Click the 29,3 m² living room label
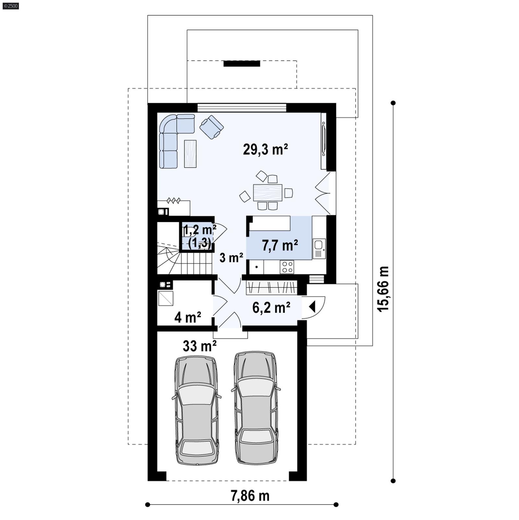[x=265, y=150]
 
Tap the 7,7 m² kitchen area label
[x=280, y=246]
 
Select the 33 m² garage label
[x=199, y=346]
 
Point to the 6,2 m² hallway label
[x=271, y=307]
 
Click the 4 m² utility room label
[x=187, y=317]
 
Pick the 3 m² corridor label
[x=231, y=258]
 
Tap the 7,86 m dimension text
[x=250, y=496]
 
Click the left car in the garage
[x=197, y=410]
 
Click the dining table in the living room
[x=268, y=193]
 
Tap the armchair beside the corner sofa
[x=211, y=127]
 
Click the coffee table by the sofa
[x=190, y=154]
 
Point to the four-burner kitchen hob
[x=287, y=267]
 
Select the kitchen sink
[x=319, y=248]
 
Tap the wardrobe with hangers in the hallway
[x=271, y=287]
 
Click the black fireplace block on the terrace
[x=242, y=64]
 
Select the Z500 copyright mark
[x=10, y=6]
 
